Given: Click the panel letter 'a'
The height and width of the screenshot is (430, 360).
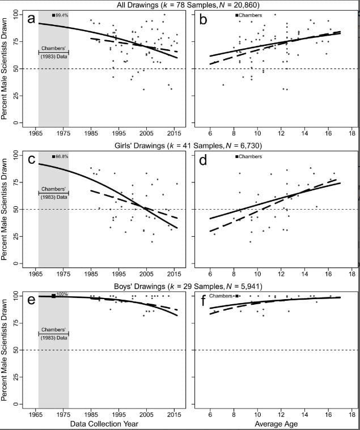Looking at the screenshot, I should click(x=31, y=19).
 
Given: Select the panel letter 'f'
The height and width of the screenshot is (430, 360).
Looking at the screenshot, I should click(x=202, y=300).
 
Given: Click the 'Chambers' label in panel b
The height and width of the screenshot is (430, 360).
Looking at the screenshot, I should click(x=250, y=15).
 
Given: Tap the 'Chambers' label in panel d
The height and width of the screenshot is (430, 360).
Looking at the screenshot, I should click(x=250, y=156).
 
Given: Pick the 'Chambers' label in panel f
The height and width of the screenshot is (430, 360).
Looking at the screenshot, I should click(x=222, y=296).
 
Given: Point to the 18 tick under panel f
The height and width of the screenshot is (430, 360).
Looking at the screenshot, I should click(x=352, y=414).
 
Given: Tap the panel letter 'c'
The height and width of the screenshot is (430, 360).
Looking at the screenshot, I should click(x=31, y=161).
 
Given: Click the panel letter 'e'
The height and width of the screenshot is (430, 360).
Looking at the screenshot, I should click(x=31, y=300).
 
